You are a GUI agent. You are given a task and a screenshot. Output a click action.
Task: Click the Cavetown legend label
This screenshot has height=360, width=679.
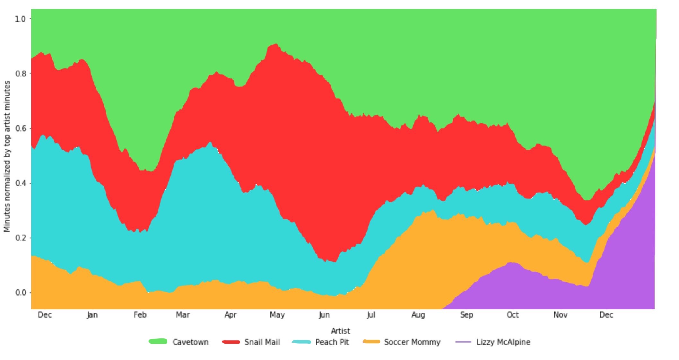coord(190,342)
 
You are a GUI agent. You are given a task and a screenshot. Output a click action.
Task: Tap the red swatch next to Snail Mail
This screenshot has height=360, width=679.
coord(231,342)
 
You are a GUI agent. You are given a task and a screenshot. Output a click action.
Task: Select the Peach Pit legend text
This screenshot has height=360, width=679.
coord(332,342)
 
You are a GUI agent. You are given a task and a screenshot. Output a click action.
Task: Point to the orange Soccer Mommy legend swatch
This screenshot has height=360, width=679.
coord(371,342)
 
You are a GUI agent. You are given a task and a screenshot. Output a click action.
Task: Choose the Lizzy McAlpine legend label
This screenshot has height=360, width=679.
coord(503,342)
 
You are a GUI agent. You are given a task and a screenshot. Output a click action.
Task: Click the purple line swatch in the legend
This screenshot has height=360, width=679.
coord(463,342)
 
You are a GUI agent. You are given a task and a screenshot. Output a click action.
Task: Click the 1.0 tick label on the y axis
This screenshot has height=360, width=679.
coord(20,19)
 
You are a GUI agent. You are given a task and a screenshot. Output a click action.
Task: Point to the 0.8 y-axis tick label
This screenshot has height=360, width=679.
coord(20,74)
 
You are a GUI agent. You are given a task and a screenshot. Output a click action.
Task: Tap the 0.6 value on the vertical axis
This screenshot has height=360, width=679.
coord(20,128)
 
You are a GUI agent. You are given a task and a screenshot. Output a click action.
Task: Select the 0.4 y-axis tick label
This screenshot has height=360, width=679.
coord(20,183)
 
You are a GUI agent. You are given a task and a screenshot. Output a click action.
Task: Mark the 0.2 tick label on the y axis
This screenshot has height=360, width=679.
coord(20,238)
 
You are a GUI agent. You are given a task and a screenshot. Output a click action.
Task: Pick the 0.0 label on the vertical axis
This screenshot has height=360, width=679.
coord(20,293)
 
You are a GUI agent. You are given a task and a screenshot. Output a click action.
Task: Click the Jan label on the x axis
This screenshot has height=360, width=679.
coord(92,315)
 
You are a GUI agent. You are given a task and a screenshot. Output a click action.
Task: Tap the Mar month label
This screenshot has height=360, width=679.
coord(183,315)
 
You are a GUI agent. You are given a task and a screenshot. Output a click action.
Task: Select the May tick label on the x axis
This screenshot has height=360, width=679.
coord(277,315)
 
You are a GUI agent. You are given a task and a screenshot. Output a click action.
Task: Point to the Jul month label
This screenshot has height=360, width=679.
coord(371,315)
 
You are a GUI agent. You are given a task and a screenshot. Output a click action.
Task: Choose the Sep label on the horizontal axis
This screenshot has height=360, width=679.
coord(466,315)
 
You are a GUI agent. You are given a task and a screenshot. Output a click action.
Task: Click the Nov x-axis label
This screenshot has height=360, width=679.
coord(560,315)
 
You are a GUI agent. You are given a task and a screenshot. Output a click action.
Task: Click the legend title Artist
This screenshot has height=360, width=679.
coord(340,331)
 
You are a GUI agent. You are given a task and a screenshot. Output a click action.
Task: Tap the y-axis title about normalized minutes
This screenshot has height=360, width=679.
coord(7,156)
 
